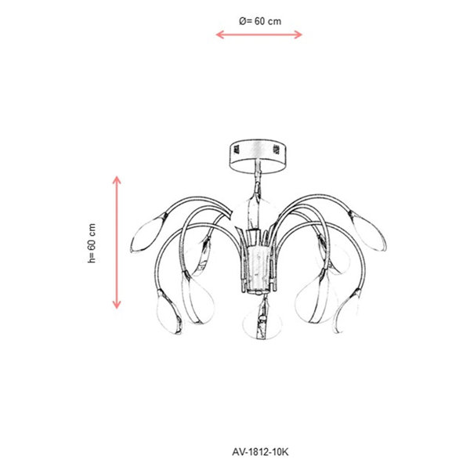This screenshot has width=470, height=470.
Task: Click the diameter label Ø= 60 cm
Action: tap(260, 21)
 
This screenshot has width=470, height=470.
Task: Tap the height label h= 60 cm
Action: tap(92, 244)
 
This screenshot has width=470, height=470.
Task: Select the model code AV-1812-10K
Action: tap(260, 452)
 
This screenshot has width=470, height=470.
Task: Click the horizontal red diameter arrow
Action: tap(259, 34)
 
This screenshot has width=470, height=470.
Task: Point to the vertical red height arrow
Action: tap(117, 243)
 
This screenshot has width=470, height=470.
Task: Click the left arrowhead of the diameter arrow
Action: tap(219, 34)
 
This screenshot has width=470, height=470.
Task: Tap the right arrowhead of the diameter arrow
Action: tap(298, 34)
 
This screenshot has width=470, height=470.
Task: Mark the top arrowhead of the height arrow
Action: tap(117, 180)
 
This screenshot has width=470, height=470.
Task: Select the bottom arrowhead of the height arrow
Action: tap(117, 305)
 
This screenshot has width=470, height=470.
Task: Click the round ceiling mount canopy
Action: tap(258, 156)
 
